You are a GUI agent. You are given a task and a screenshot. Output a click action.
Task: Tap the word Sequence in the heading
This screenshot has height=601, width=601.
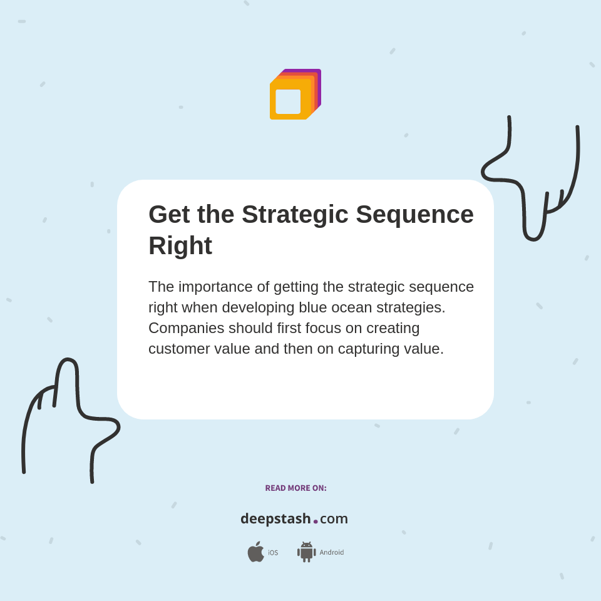(414, 215)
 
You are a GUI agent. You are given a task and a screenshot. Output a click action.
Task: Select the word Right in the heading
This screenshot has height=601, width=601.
(180, 245)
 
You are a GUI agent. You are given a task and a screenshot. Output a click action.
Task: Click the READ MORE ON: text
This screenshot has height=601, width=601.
(295, 488)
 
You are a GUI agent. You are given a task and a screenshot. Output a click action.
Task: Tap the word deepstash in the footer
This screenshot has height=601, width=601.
(275, 519)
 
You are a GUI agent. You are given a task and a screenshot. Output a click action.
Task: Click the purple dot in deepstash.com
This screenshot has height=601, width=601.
(316, 521)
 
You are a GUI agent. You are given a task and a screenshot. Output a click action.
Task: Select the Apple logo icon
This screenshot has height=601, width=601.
(255, 552)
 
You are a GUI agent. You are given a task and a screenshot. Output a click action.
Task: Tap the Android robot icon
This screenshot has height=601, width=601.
(307, 552)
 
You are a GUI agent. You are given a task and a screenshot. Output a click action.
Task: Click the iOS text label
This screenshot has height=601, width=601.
(273, 553)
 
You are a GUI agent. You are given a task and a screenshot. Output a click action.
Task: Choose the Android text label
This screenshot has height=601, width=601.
(332, 552)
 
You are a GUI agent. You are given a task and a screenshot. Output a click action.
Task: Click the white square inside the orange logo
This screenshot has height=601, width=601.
(288, 101)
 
